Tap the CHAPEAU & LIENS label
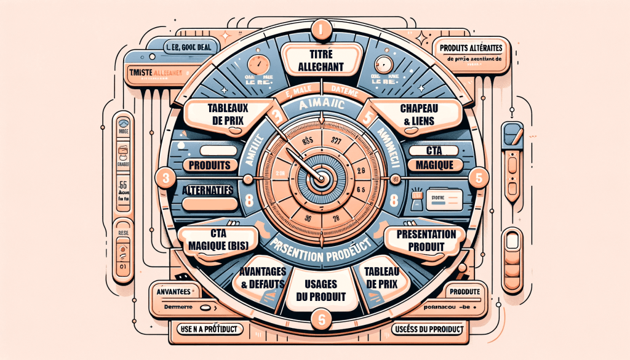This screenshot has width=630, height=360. [x=417, y=114]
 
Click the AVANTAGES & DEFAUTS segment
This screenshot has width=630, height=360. [x=257, y=279]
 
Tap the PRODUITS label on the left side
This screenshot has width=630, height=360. [x=209, y=165]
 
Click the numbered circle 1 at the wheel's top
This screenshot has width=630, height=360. [x=320, y=28]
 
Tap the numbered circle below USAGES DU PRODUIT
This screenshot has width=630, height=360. [x=320, y=318]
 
